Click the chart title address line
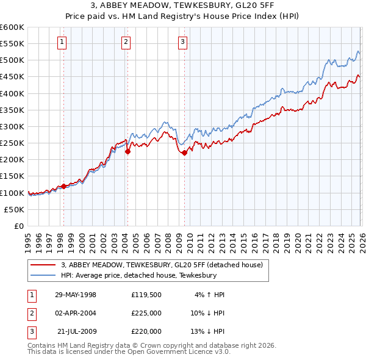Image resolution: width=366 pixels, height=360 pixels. (183, 7)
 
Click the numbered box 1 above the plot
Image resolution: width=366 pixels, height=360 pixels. (63, 42)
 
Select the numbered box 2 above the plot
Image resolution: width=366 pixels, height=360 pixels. (126, 42)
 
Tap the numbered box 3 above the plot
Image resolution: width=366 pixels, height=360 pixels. (183, 42)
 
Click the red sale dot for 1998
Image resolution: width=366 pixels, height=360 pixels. (63, 186)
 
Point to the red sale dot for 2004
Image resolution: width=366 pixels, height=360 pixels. (127, 152)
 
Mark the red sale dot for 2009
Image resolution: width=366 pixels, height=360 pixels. (184, 153)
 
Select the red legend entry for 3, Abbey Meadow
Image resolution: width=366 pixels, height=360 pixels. (162, 265)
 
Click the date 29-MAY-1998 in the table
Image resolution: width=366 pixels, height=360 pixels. (76, 295)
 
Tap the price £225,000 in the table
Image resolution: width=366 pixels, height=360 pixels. (146, 313)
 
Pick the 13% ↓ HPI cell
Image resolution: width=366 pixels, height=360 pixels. (207, 331)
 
